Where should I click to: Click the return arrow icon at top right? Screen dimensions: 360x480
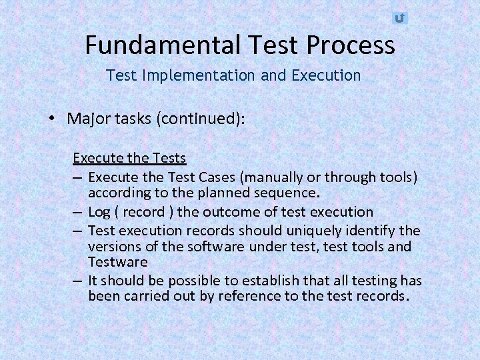399,18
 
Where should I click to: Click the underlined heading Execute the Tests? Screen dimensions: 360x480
129,158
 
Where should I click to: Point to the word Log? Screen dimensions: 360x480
99,212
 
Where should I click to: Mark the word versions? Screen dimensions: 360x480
113,247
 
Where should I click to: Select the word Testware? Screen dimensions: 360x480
117,263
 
